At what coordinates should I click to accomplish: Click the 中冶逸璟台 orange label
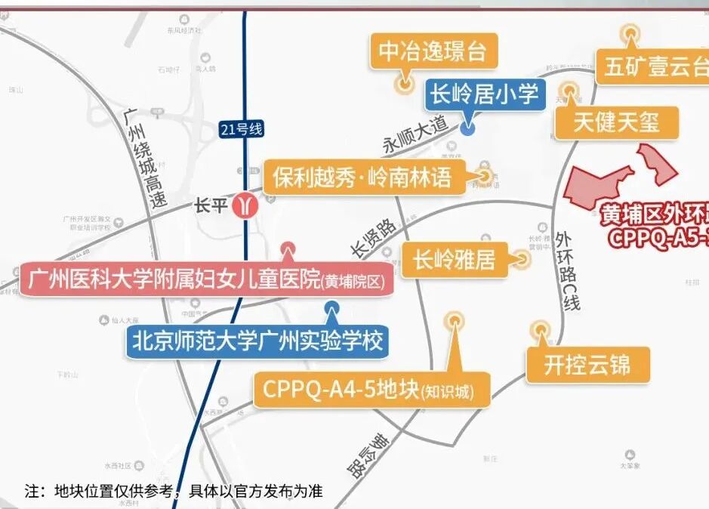433,52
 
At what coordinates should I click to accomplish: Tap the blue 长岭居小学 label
483,94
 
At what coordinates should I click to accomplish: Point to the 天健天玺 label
615,122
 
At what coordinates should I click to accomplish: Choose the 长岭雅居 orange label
454,261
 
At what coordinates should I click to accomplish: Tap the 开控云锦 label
587,366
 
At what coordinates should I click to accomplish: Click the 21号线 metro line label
242,129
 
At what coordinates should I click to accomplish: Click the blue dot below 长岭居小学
468,128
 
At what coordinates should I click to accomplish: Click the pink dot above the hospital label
287,248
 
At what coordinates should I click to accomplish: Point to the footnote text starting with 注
173,491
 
